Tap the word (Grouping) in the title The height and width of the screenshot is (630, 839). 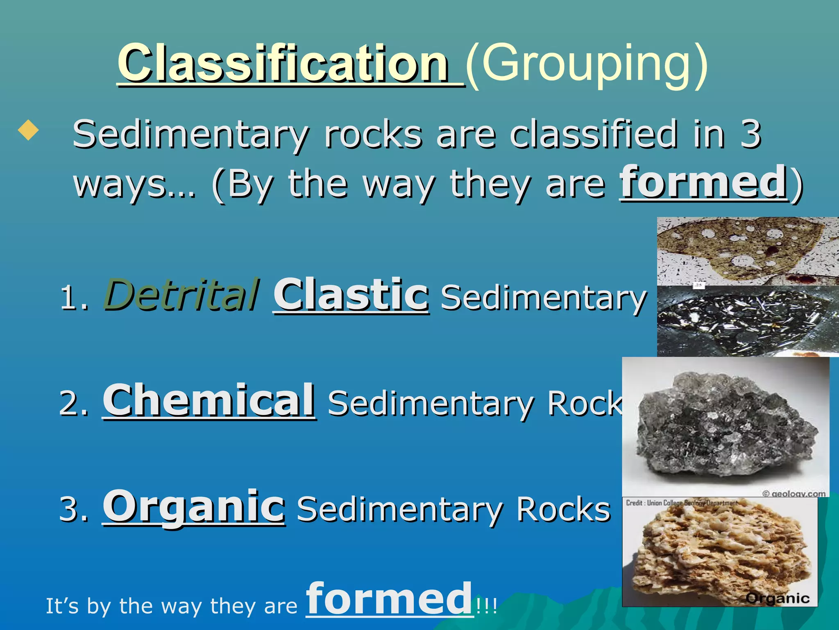click(x=587, y=64)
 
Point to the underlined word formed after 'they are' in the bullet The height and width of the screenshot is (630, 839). click(x=703, y=182)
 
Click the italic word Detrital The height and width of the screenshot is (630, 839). click(x=181, y=295)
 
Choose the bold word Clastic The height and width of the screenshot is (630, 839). click(x=351, y=295)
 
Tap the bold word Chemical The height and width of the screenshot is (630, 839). click(x=209, y=400)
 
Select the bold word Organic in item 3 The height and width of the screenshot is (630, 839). click(x=193, y=506)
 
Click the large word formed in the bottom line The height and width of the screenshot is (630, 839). click(x=389, y=599)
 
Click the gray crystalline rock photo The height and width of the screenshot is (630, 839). click(x=725, y=427)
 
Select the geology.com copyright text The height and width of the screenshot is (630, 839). click(x=794, y=493)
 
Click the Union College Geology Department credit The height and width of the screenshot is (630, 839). click(x=682, y=503)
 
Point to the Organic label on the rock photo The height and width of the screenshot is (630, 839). click(x=777, y=598)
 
